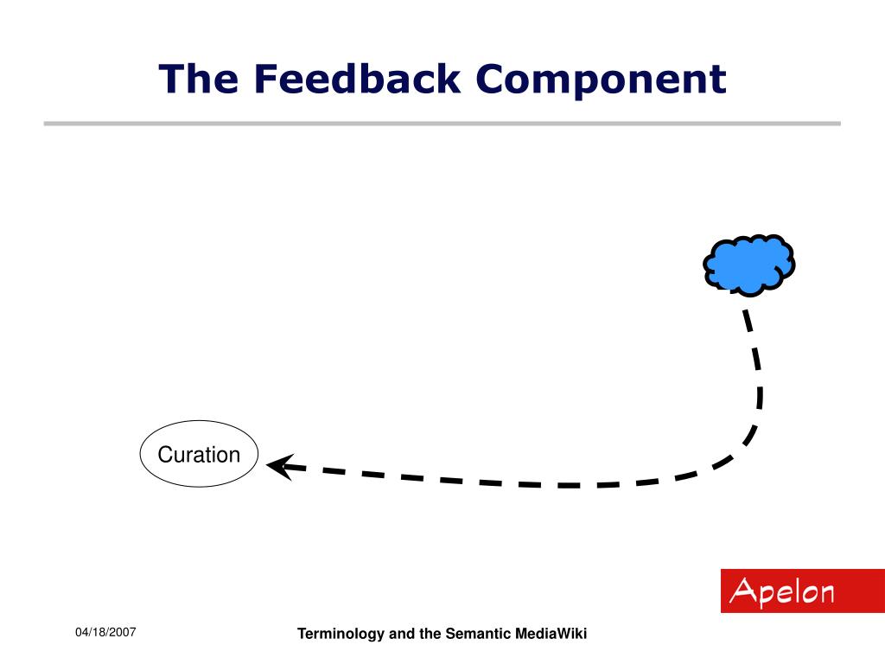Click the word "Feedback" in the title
[357, 80]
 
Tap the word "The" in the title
[199, 80]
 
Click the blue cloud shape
[748, 263]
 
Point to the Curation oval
[199, 455]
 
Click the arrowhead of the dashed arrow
[279, 466]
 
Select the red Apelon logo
[802, 591]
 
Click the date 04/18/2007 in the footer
[105, 633]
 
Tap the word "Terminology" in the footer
[341, 635]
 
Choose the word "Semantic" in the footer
[478, 634]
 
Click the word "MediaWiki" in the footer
[551, 634]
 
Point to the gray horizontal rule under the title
[442, 124]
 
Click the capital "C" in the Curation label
[164, 455]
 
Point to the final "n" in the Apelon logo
[825, 594]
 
